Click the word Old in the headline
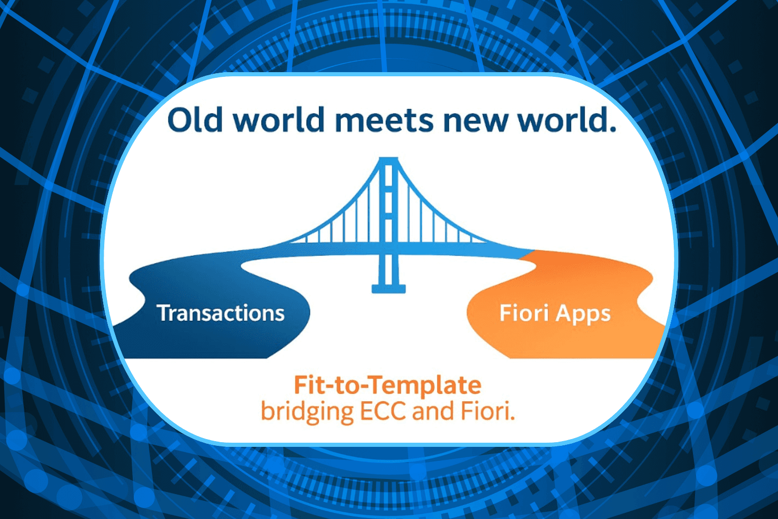click(195, 119)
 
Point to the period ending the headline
click(613, 129)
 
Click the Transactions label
click(220, 313)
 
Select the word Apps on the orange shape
click(583, 314)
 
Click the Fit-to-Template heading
click(387, 385)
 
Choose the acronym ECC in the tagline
click(383, 411)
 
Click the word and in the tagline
click(433, 411)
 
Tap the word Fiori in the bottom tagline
click(488, 411)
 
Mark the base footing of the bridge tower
click(388, 289)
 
